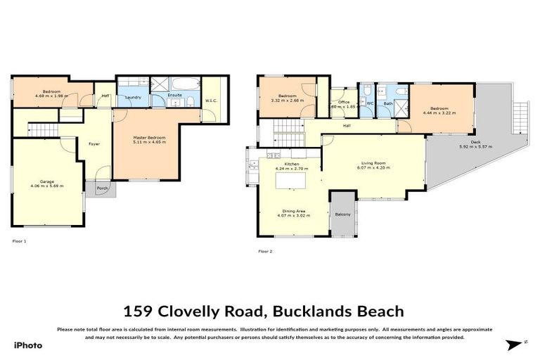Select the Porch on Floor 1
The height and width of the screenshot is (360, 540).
102,188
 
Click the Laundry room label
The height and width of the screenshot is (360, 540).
134,97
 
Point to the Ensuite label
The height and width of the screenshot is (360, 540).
175,94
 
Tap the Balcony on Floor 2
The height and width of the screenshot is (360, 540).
342,214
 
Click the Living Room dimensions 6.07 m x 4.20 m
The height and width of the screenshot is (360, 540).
373,168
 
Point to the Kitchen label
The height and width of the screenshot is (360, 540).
291,164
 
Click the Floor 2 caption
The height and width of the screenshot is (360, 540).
265,251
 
